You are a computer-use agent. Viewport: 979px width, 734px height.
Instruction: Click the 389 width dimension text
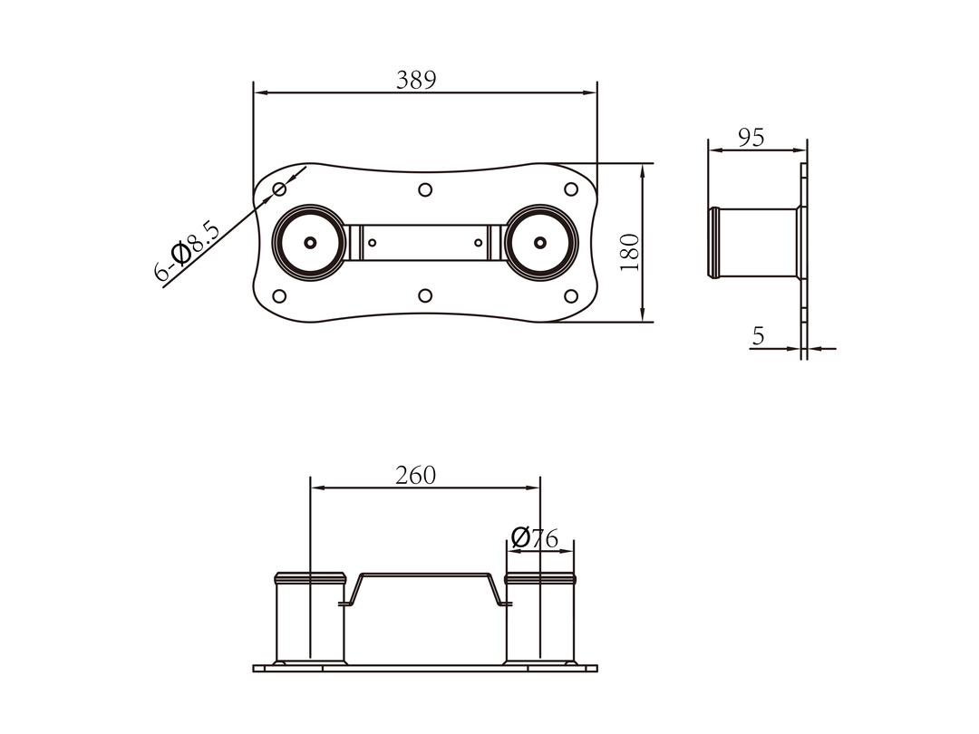click(x=416, y=80)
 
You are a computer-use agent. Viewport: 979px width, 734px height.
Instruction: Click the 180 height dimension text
click(x=631, y=252)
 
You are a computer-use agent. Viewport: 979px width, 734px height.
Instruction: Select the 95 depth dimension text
click(x=751, y=138)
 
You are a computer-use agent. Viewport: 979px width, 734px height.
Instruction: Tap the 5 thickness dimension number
click(x=759, y=336)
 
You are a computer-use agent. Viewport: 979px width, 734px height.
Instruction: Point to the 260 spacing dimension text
click(x=416, y=476)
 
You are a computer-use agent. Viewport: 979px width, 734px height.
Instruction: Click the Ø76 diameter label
click(x=535, y=537)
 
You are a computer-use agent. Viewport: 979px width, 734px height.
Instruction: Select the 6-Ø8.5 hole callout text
click(x=187, y=252)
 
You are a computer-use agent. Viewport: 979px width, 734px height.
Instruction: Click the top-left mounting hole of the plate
click(x=280, y=188)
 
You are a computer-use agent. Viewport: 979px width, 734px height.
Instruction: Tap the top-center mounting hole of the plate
click(x=425, y=189)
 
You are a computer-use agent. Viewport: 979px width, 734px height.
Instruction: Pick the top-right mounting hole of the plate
click(x=571, y=189)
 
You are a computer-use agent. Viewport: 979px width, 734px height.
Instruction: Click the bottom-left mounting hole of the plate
click(x=280, y=295)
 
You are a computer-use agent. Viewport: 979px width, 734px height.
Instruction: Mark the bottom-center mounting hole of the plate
click(x=425, y=295)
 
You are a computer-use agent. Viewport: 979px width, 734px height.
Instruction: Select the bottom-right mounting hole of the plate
click(x=571, y=295)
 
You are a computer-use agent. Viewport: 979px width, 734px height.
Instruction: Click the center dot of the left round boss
click(x=310, y=242)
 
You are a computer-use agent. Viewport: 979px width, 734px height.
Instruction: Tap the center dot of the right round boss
click(x=540, y=242)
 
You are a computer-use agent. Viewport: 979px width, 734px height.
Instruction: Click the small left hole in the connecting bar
click(x=373, y=242)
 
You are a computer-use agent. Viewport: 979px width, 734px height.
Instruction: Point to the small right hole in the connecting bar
click(x=479, y=242)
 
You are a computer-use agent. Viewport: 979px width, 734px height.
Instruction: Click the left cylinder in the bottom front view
click(x=310, y=618)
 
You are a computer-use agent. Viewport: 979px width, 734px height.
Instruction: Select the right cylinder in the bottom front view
click(x=540, y=618)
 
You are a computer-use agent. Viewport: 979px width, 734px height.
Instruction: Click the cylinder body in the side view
click(x=754, y=242)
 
